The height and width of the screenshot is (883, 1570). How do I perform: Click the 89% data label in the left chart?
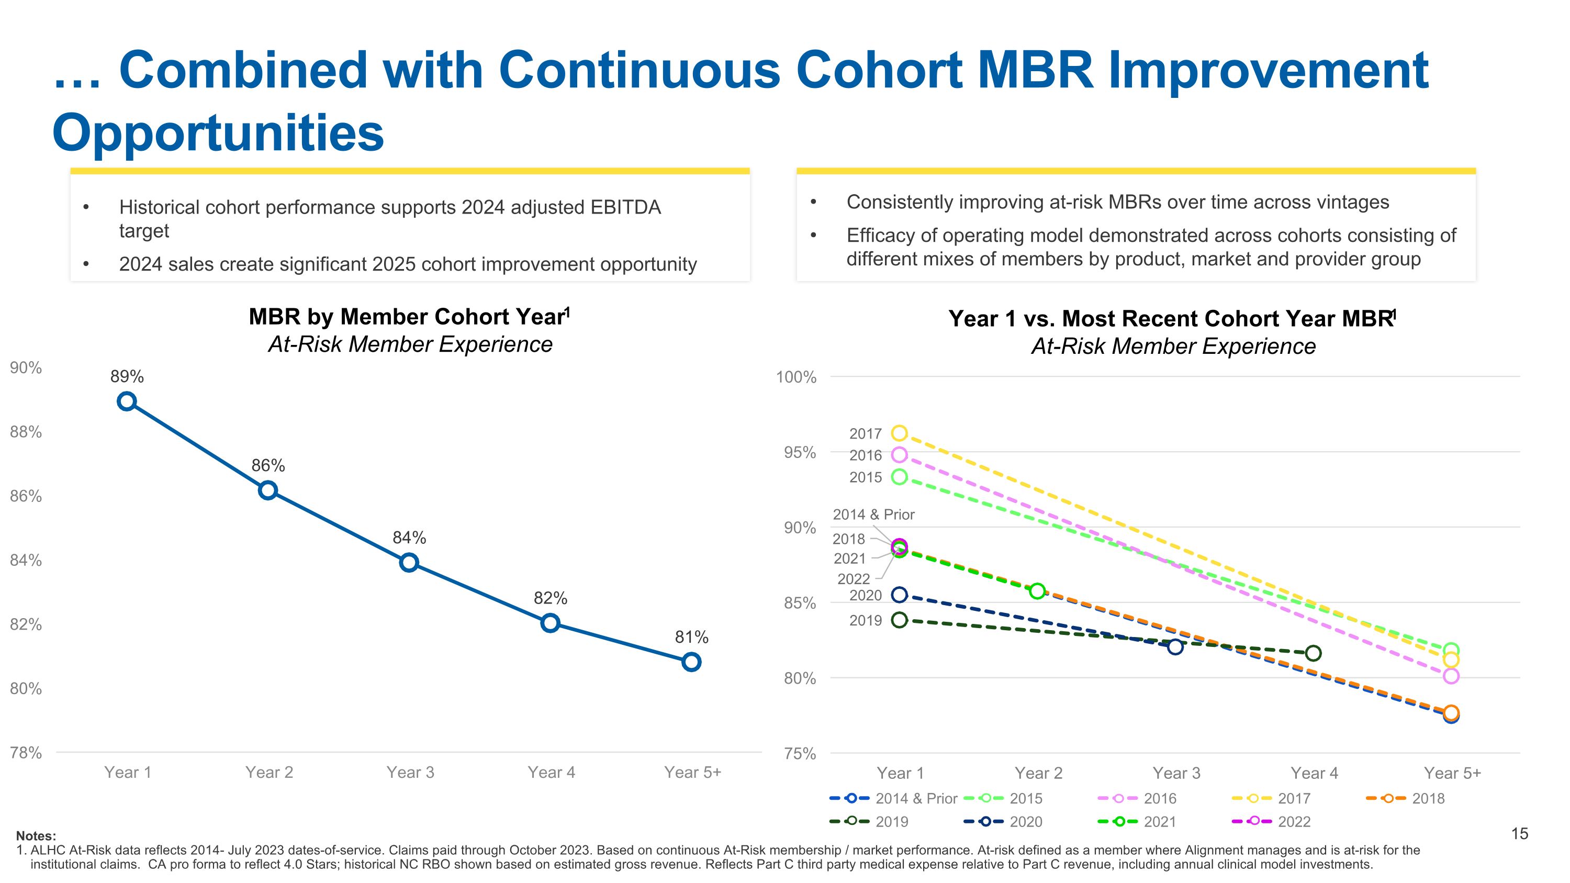(x=127, y=377)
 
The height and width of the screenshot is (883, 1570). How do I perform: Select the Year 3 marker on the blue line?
(x=409, y=563)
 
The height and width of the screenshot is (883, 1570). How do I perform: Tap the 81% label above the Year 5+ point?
(x=691, y=638)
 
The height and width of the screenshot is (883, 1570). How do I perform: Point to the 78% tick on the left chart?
(x=26, y=753)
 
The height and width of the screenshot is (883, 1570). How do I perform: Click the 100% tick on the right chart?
(x=795, y=377)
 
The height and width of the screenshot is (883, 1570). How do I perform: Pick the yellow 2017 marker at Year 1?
(x=900, y=433)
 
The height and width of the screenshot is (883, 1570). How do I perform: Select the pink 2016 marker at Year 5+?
(x=1451, y=676)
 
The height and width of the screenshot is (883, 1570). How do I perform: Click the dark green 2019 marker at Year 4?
(x=1314, y=653)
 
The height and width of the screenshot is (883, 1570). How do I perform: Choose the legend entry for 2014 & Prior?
(x=893, y=798)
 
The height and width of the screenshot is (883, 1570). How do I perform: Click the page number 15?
(x=1519, y=834)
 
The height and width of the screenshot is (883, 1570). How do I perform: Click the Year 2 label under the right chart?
(x=1038, y=773)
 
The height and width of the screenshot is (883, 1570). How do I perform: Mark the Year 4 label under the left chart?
(x=551, y=773)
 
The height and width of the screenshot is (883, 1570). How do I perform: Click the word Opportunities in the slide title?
(x=218, y=133)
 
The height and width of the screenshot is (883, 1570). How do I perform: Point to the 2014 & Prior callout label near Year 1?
(x=873, y=515)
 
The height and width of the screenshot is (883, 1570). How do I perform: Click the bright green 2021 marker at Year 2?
(x=1037, y=591)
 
